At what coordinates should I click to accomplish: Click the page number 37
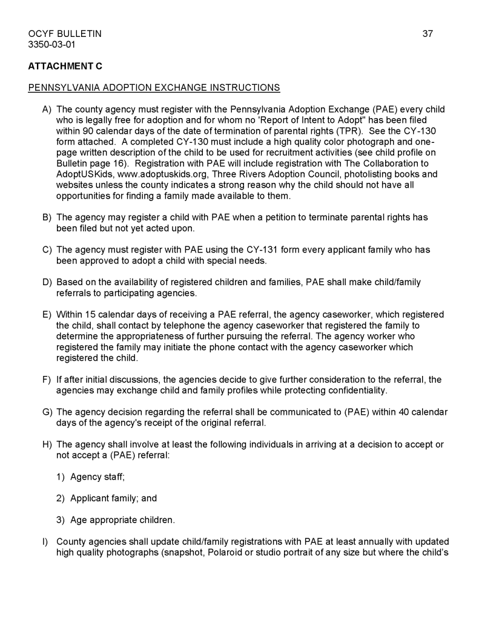[x=428, y=34]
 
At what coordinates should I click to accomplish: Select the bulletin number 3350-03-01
[x=53, y=45]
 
